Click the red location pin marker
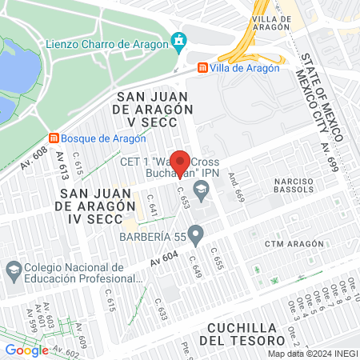[x=182, y=162]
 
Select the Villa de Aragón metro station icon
[x=202, y=70]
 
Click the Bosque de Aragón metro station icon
[x=54, y=138]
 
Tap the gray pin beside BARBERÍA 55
[x=196, y=234]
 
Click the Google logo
[x=26, y=350]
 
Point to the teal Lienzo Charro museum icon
[x=179, y=39]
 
